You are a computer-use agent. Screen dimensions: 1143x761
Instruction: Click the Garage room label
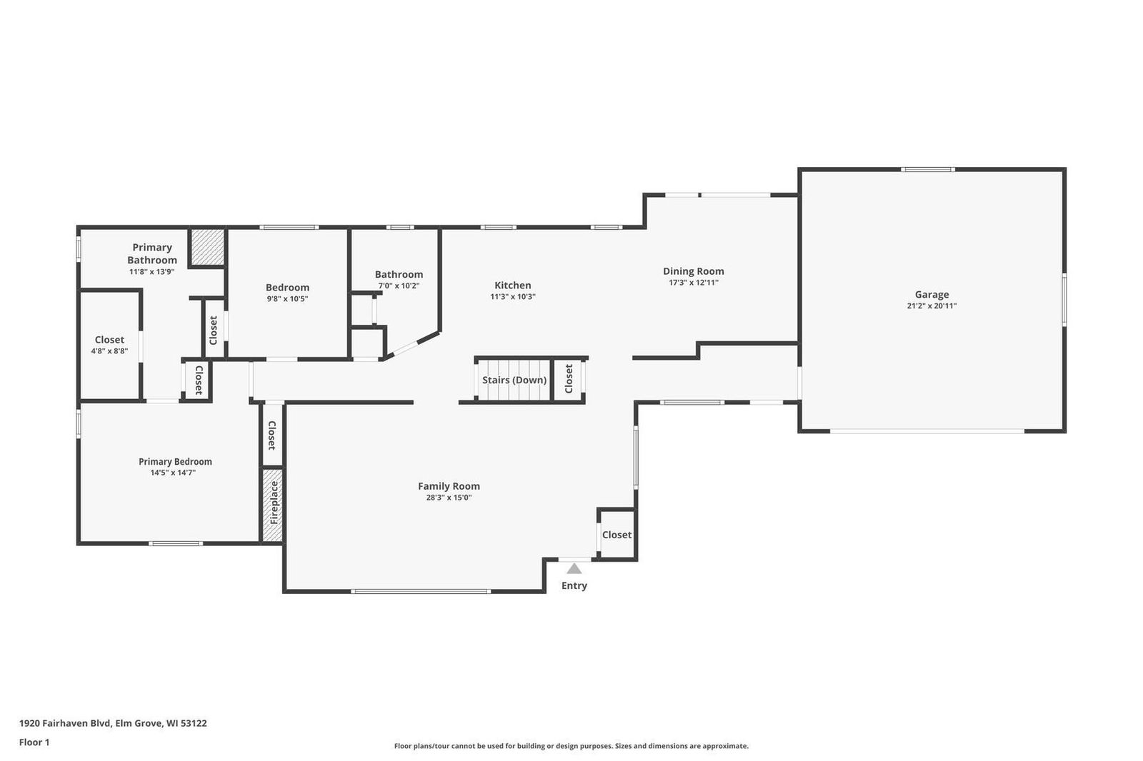[932, 294]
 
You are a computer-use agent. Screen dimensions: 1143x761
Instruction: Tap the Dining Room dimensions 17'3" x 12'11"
[693, 283]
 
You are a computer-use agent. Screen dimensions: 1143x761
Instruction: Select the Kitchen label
[512, 285]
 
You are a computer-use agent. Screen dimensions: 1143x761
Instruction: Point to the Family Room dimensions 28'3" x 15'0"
[449, 498]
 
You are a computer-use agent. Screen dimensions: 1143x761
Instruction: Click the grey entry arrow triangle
[574, 568]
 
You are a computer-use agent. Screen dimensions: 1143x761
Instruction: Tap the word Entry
[574, 585]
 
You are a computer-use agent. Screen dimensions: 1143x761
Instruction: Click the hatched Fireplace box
[272, 505]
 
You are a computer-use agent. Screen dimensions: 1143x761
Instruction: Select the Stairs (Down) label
[514, 380]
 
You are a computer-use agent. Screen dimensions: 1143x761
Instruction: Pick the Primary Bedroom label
[175, 462]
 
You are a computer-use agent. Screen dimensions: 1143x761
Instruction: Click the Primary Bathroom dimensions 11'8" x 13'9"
[151, 272]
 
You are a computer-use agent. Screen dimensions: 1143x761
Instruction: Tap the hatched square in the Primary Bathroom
[207, 247]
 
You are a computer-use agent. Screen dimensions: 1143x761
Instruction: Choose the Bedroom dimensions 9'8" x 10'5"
[287, 299]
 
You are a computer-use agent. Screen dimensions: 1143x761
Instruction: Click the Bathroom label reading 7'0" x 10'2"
[399, 286]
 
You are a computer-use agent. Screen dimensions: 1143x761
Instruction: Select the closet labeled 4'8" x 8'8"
[109, 346]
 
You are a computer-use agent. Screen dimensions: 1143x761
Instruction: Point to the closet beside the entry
[617, 535]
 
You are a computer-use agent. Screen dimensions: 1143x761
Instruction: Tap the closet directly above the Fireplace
[271, 435]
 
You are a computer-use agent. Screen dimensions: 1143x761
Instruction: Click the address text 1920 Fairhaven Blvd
[65, 722]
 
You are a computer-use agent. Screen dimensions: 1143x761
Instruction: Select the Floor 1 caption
[34, 742]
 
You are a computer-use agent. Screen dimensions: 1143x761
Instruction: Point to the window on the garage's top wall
[928, 169]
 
